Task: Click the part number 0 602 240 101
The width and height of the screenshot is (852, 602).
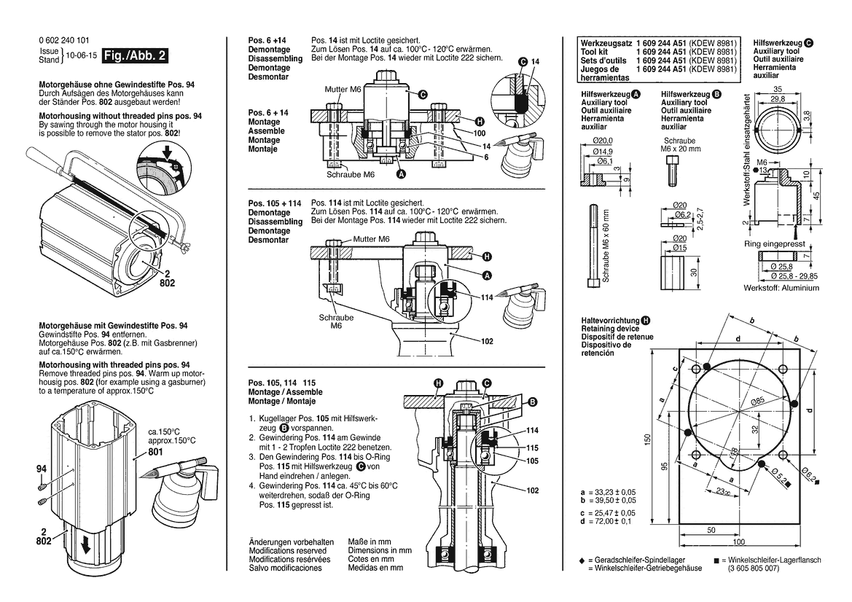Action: pos(64,41)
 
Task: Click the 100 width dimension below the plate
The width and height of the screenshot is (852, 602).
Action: pos(739,542)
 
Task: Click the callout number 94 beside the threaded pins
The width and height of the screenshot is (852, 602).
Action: pos(42,469)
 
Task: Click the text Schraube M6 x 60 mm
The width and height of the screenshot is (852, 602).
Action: pos(605,246)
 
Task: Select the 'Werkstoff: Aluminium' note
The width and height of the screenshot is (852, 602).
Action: pos(781,288)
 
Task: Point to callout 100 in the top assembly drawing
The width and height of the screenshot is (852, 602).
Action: pos(479,133)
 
